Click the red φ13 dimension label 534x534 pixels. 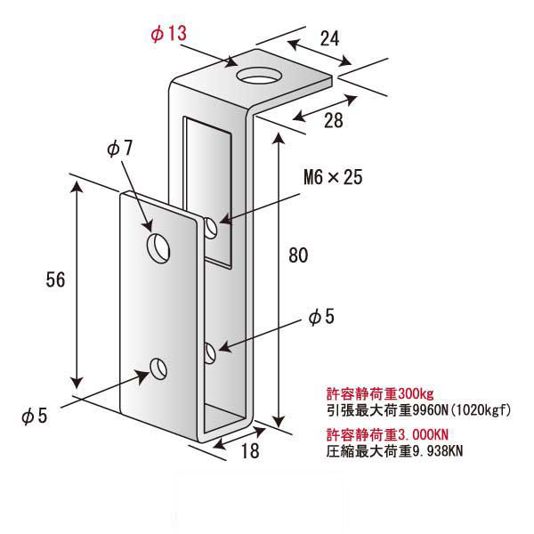coord(169,34)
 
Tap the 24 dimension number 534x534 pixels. coord(329,38)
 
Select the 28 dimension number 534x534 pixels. coord(334,120)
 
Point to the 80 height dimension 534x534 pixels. coord(298,255)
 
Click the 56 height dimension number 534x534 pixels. coord(55,280)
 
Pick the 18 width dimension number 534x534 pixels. coord(250,450)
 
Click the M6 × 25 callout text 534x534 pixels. coord(333,177)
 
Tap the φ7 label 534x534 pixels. coord(119,148)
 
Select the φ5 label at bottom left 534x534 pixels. coord(34,416)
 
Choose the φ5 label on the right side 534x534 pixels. coord(321,316)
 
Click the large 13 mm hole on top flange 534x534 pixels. coord(259,76)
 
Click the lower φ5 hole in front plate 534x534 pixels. coord(158,368)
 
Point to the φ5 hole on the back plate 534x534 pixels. coord(210,352)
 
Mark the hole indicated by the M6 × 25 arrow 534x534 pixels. coord(211,228)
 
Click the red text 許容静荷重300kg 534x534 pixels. coord(380,393)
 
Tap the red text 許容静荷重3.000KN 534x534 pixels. coord(387,434)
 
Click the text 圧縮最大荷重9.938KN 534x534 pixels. coord(394,451)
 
